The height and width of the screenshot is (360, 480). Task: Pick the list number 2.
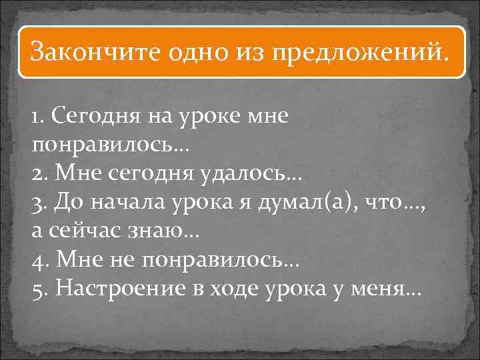tap(37, 174)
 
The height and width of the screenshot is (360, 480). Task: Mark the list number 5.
tap(37, 289)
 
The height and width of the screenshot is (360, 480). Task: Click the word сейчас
tap(80, 231)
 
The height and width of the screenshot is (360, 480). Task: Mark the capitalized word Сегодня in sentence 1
tap(93, 117)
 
